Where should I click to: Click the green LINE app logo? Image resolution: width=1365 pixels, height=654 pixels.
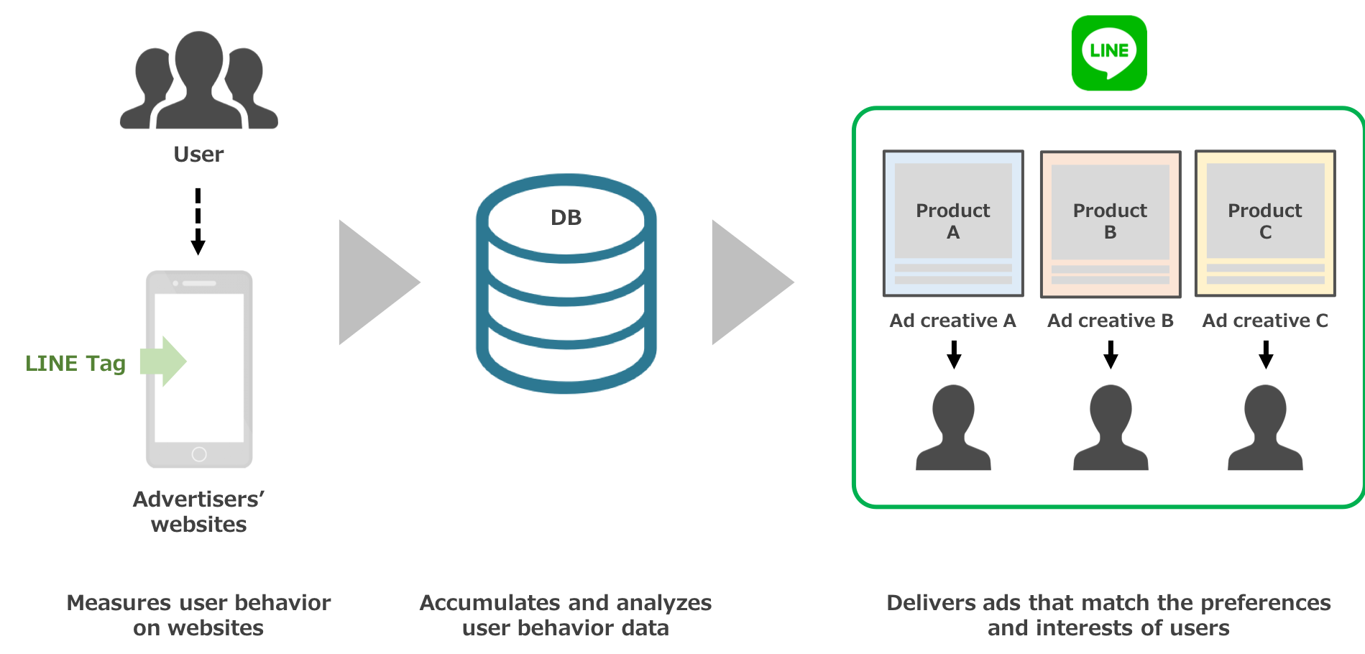pyautogui.click(x=1108, y=53)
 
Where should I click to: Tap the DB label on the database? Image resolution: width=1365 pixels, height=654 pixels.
pyautogui.click(x=566, y=218)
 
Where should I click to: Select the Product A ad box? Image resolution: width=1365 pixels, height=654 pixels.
pyautogui.click(x=952, y=223)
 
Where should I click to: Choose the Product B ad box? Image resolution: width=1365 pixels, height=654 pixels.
pyautogui.click(x=1110, y=224)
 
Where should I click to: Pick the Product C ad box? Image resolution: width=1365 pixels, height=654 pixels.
pyautogui.click(x=1265, y=223)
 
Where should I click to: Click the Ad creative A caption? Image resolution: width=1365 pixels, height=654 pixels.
pyautogui.click(x=952, y=321)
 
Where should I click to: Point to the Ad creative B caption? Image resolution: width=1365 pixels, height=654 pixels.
pyautogui.click(x=1110, y=321)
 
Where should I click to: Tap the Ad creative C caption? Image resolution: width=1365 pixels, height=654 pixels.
pyautogui.click(x=1265, y=321)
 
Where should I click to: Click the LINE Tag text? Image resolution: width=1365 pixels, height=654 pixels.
pyautogui.click(x=75, y=364)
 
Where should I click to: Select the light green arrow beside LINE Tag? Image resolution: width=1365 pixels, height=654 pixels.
pyautogui.click(x=164, y=361)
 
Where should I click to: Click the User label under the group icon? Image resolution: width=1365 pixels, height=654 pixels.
pyautogui.click(x=198, y=155)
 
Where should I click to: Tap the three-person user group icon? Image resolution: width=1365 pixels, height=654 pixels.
pyautogui.click(x=198, y=80)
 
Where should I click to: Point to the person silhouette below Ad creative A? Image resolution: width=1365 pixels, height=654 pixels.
pyautogui.click(x=953, y=428)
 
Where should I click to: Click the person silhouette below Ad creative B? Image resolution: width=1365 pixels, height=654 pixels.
pyautogui.click(x=1111, y=428)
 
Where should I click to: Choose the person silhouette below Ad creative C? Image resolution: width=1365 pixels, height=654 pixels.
pyautogui.click(x=1265, y=428)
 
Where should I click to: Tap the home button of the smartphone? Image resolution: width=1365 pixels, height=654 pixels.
pyautogui.click(x=199, y=454)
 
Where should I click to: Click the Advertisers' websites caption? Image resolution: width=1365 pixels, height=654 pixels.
pyautogui.click(x=198, y=512)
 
